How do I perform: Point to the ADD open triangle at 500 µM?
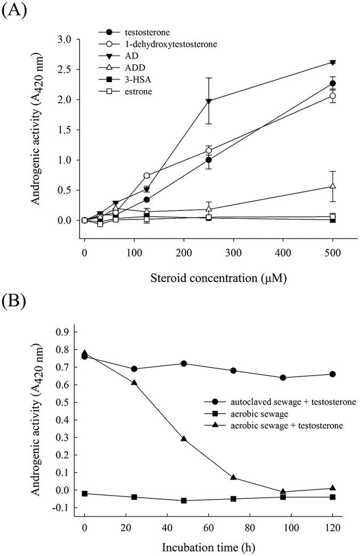[x=333, y=186]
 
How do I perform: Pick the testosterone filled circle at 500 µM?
[x=333, y=83]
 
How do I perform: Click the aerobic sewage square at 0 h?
[x=85, y=494]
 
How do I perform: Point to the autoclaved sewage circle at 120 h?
[x=333, y=374]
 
